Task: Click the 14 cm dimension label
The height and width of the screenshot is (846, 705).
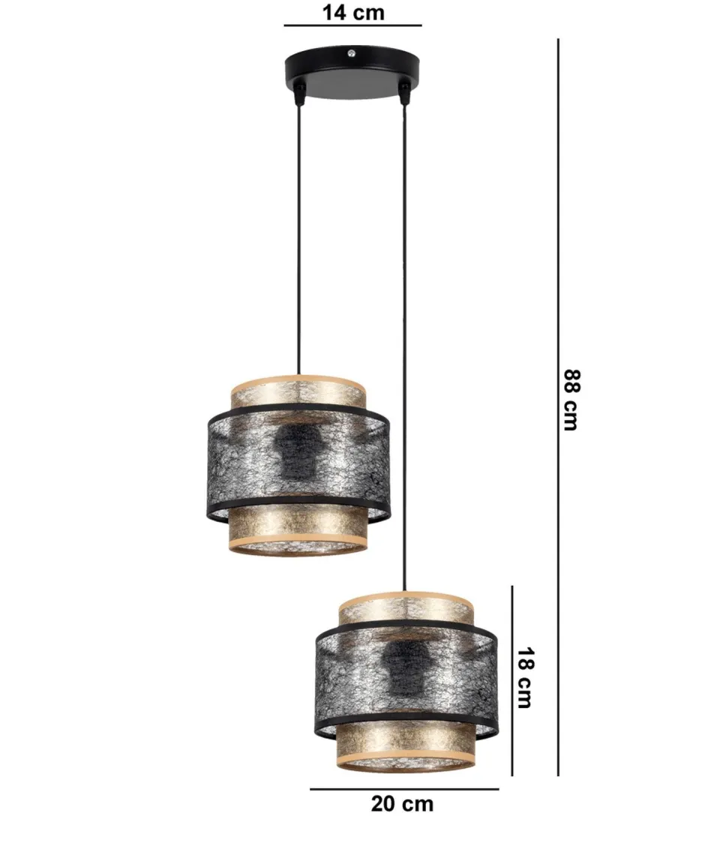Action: pyautogui.click(x=352, y=12)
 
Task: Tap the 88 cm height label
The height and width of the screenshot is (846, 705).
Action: pyautogui.click(x=572, y=400)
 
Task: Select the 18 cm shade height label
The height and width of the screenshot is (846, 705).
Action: pyautogui.click(x=524, y=677)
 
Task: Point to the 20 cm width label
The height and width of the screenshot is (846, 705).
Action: pyautogui.click(x=402, y=804)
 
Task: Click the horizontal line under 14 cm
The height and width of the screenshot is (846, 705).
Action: pyautogui.click(x=352, y=26)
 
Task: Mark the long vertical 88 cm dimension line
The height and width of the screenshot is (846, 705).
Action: pyautogui.click(x=558, y=405)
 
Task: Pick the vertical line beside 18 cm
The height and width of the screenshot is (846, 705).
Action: pyautogui.click(x=512, y=679)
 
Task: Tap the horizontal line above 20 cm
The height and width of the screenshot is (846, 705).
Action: pyautogui.click(x=404, y=788)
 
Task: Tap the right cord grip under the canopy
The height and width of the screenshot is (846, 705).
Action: pyautogui.click(x=405, y=94)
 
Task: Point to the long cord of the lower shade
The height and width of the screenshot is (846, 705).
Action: pyautogui.click(x=405, y=337)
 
